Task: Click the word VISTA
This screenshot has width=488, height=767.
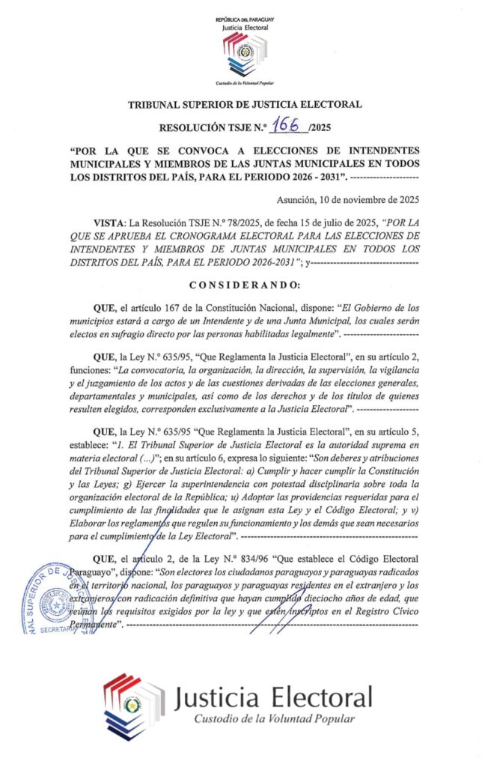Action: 109,223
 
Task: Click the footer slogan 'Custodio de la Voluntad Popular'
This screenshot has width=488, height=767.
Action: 274,720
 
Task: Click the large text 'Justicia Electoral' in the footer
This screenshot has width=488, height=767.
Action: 273,697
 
